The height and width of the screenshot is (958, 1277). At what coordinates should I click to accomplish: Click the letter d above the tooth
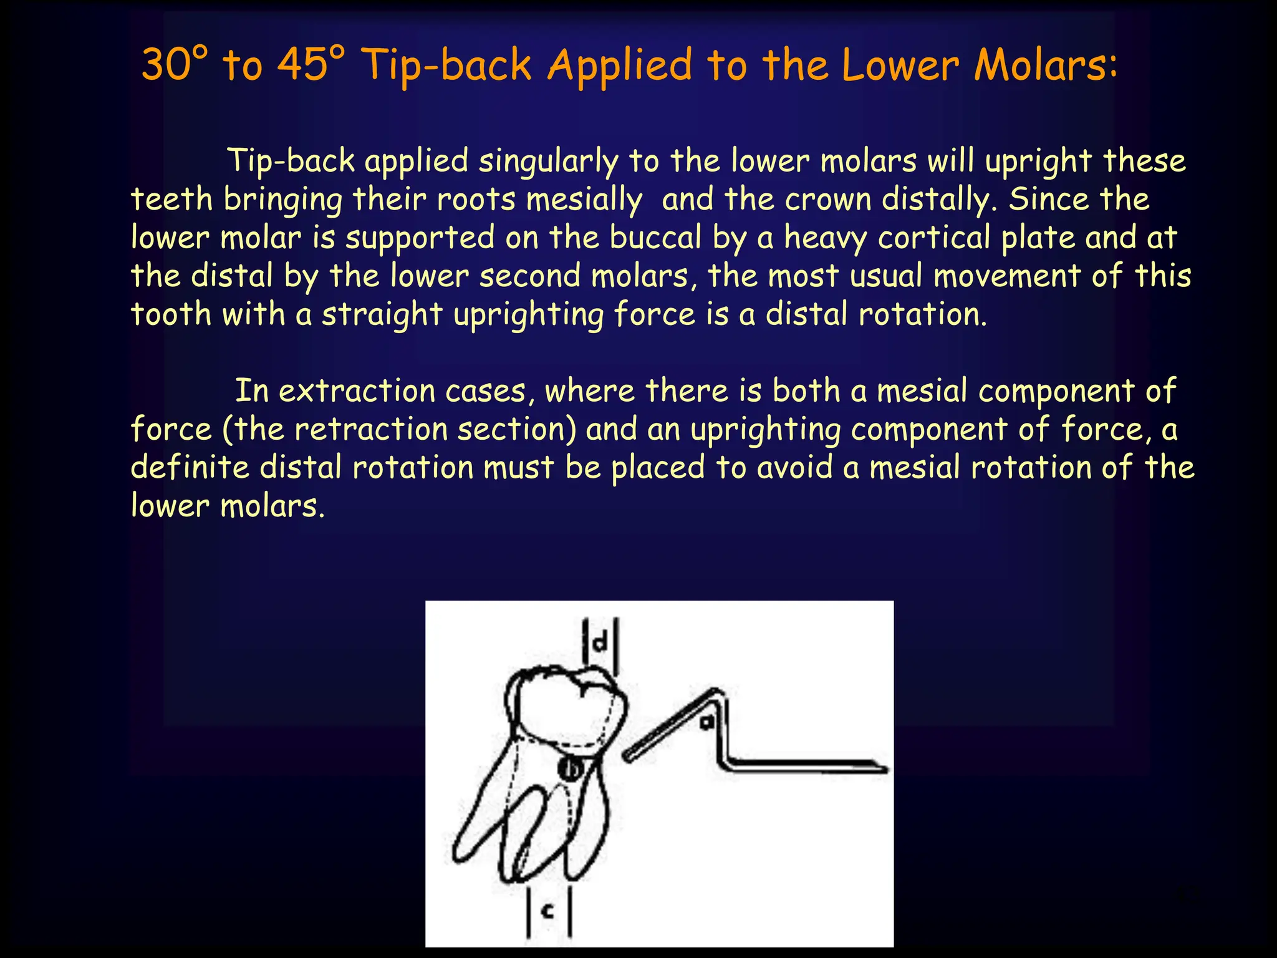tap(600, 642)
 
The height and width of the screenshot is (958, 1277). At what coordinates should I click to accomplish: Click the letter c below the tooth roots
tap(548, 912)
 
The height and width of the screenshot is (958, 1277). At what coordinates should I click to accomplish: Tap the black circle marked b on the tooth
tap(570, 768)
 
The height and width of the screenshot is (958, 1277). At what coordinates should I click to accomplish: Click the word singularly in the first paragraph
tap(548, 161)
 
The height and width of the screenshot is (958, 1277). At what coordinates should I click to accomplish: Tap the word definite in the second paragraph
tap(190, 467)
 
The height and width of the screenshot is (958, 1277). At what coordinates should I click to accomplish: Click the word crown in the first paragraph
tap(827, 200)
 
